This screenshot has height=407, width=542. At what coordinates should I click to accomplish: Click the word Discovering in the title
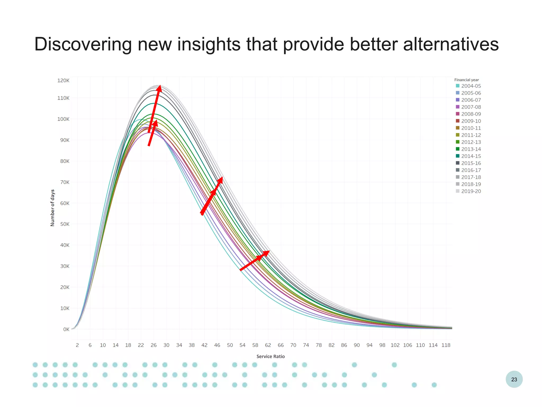(x=83, y=45)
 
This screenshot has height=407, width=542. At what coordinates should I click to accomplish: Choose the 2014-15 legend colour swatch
(x=458, y=156)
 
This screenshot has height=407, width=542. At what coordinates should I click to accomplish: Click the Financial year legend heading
(x=466, y=80)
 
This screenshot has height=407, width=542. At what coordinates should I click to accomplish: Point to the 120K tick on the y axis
(x=63, y=81)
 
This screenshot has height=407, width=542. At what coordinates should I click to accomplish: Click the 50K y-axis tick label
(x=65, y=224)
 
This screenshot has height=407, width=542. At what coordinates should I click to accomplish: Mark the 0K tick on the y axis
(x=66, y=329)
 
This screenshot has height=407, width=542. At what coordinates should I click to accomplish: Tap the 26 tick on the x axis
(x=153, y=345)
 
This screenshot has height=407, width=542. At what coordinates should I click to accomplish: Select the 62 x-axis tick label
(x=268, y=345)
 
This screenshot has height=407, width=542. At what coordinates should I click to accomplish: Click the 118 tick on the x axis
(x=446, y=345)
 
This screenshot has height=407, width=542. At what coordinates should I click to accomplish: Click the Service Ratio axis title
(x=270, y=356)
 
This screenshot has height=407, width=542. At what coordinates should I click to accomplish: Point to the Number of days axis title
(x=52, y=208)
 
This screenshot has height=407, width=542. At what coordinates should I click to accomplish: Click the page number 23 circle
(x=514, y=379)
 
